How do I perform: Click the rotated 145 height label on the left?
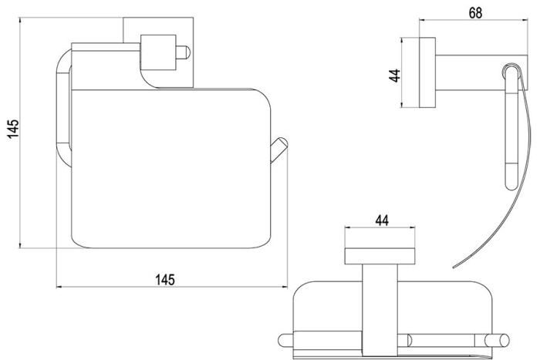click(x=13, y=129)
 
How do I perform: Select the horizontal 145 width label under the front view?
click(x=165, y=280)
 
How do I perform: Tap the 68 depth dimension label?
click(x=475, y=13)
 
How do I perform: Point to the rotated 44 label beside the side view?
click(x=395, y=76)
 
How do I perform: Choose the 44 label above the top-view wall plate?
click(x=382, y=220)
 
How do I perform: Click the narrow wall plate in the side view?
click(x=427, y=72)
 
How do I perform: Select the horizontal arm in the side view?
click(x=481, y=72)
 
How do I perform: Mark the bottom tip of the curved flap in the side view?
click(x=454, y=267)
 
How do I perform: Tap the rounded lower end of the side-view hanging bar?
click(x=511, y=183)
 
